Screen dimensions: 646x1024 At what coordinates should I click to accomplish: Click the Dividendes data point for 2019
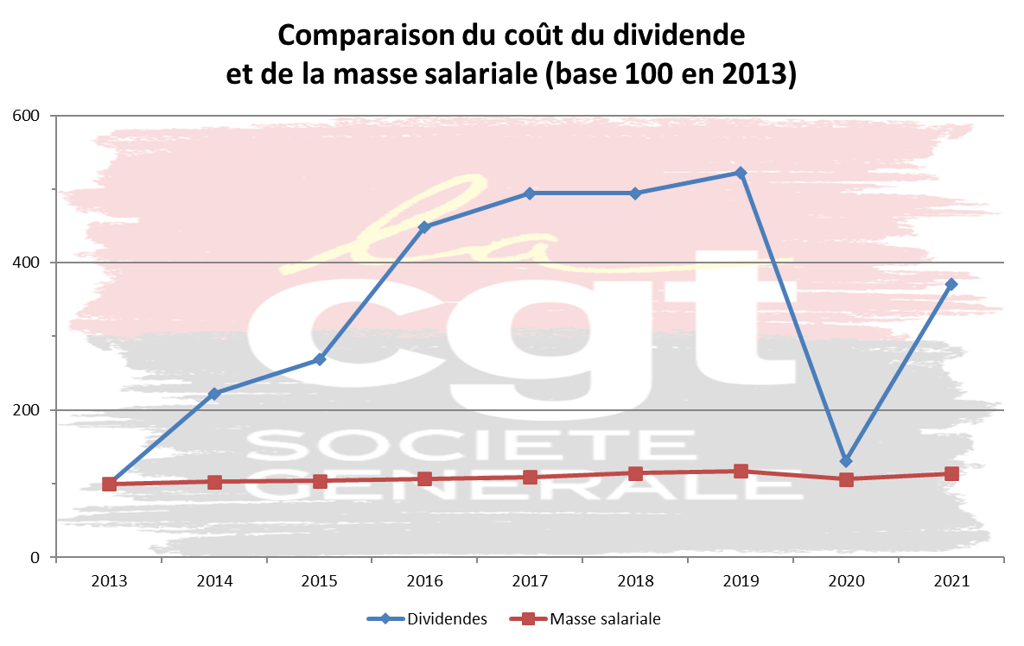point(741,173)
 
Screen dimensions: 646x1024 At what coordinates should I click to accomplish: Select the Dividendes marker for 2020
point(846,461)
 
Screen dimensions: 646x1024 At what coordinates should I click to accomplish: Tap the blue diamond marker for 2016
point(424,227)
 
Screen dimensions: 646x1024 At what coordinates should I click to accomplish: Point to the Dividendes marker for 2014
point(214,394)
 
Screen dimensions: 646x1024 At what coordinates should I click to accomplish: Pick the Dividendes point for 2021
point(951,284)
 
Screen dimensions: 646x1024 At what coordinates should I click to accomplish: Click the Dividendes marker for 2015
point(320,359)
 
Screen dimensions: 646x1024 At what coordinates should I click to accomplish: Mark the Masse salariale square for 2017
point(530,477)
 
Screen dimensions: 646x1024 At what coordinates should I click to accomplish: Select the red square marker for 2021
point(951,473)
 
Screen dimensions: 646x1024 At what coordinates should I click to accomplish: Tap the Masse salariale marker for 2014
point(214,482)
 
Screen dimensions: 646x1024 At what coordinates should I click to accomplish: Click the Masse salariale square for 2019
point(741,471)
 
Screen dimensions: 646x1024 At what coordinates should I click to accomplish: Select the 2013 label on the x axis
point(109,581)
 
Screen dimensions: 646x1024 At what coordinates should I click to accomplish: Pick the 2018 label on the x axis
point(635,581)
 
